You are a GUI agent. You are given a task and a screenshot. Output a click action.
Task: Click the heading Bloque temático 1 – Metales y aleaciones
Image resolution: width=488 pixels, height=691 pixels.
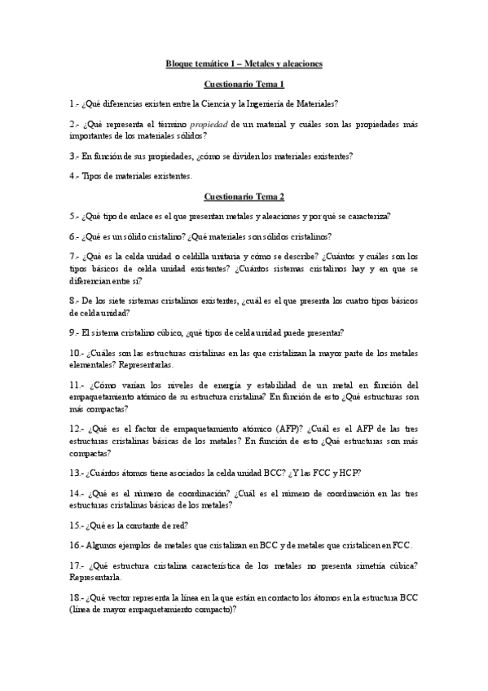[244, 64]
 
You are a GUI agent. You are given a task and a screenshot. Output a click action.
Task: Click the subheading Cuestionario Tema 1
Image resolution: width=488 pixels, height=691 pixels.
[244, 84]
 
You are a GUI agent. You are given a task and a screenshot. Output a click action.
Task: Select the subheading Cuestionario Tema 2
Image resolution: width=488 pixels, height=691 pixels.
[244, 196]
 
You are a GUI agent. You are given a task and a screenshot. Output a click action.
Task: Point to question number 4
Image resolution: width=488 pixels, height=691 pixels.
[74, 176]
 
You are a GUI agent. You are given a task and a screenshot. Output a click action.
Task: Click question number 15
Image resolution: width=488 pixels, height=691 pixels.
[76, 525]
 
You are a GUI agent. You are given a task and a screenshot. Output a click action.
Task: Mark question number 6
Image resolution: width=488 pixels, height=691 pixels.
[74, 236]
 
